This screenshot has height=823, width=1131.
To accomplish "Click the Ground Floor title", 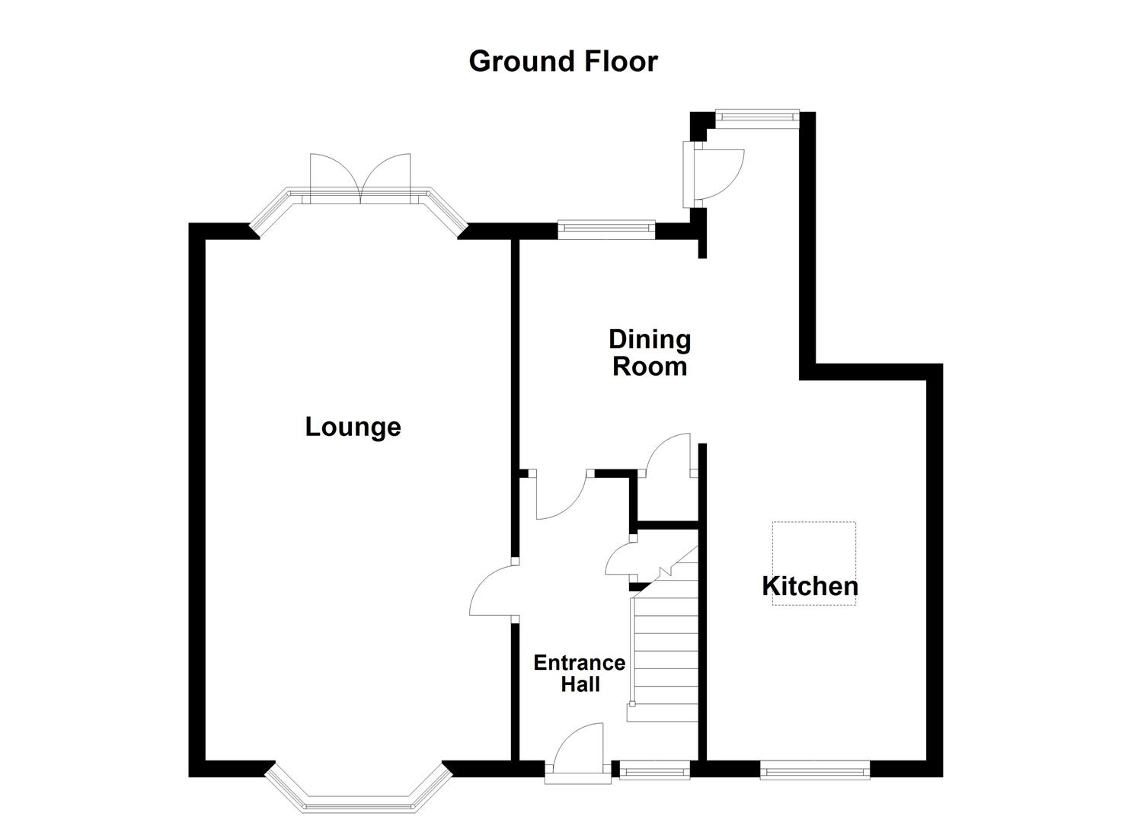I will click(x=563, y=61).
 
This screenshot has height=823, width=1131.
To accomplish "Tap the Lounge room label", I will click(x=353, y=427).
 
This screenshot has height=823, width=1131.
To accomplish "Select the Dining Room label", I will click(x=650, y=353).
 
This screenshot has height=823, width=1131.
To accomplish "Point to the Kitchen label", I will click(x=810, y=586).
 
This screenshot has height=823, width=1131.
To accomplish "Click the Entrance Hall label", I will click(x=580, y=674).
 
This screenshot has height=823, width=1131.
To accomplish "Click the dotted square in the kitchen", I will click(x=814, y=563).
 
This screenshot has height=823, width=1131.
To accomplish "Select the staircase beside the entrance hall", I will click(x=665, y=655).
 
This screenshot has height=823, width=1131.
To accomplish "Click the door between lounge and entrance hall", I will click(x=494, y=591).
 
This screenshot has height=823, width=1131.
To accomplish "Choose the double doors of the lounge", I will click(x=360, y=177).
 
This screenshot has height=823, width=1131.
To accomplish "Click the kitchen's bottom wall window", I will click(x=815, y=772).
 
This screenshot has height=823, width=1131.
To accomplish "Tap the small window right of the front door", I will click(x=654, y=772).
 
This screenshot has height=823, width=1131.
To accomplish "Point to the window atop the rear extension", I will click(x=757, y=117).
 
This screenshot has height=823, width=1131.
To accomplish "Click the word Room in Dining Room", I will click(x=650, y=367).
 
